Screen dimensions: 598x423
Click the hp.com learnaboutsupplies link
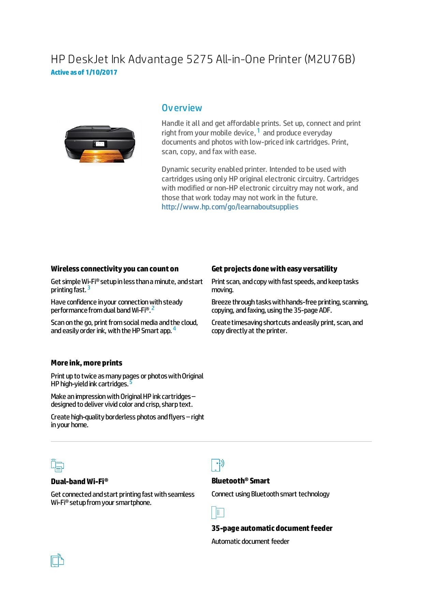coord(230,207)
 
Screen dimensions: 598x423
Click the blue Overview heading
coord(181,108)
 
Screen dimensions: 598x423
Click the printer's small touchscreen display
coord(100,144)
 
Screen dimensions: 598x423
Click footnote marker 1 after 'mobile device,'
coord(259,131)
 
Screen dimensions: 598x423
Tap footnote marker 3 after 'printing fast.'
coord(89,288)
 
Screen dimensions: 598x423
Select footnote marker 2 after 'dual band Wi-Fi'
coord(153,308)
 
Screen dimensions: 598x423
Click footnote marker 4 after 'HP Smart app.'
coord(174,329)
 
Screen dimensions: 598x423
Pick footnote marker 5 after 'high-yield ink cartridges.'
coord(131,382)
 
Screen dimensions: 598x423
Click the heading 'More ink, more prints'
coord(86,363)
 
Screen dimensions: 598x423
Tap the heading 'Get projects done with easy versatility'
coord(274,269)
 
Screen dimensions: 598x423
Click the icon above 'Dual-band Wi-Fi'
coord(57,465)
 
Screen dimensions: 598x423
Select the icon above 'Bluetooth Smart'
coord(218,465)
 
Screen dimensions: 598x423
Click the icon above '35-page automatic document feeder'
coord(218,512)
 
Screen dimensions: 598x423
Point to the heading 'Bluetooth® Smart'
coord(240,481)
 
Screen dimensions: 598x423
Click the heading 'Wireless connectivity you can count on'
coord(114,269)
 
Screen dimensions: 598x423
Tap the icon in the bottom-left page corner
coord(57,560)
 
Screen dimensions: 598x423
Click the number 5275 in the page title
coord(199,59)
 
